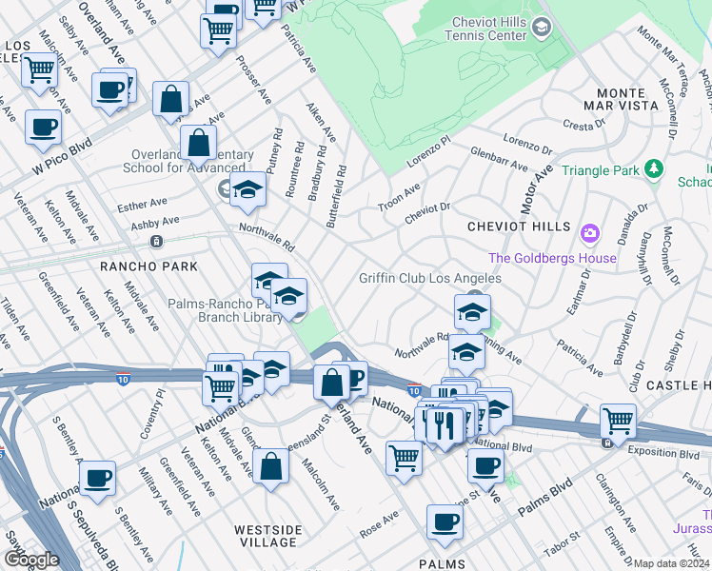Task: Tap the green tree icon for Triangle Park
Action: tap(653, 169)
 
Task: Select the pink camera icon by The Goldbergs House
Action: tap(590, 232)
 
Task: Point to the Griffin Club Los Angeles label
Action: tap(429, 278)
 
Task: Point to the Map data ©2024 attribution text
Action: tap(672, 563)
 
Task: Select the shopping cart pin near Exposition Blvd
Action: tap(619, 420)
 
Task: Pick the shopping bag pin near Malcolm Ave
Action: tap(271, 466)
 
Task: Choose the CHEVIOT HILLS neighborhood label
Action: tap(519, 226)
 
